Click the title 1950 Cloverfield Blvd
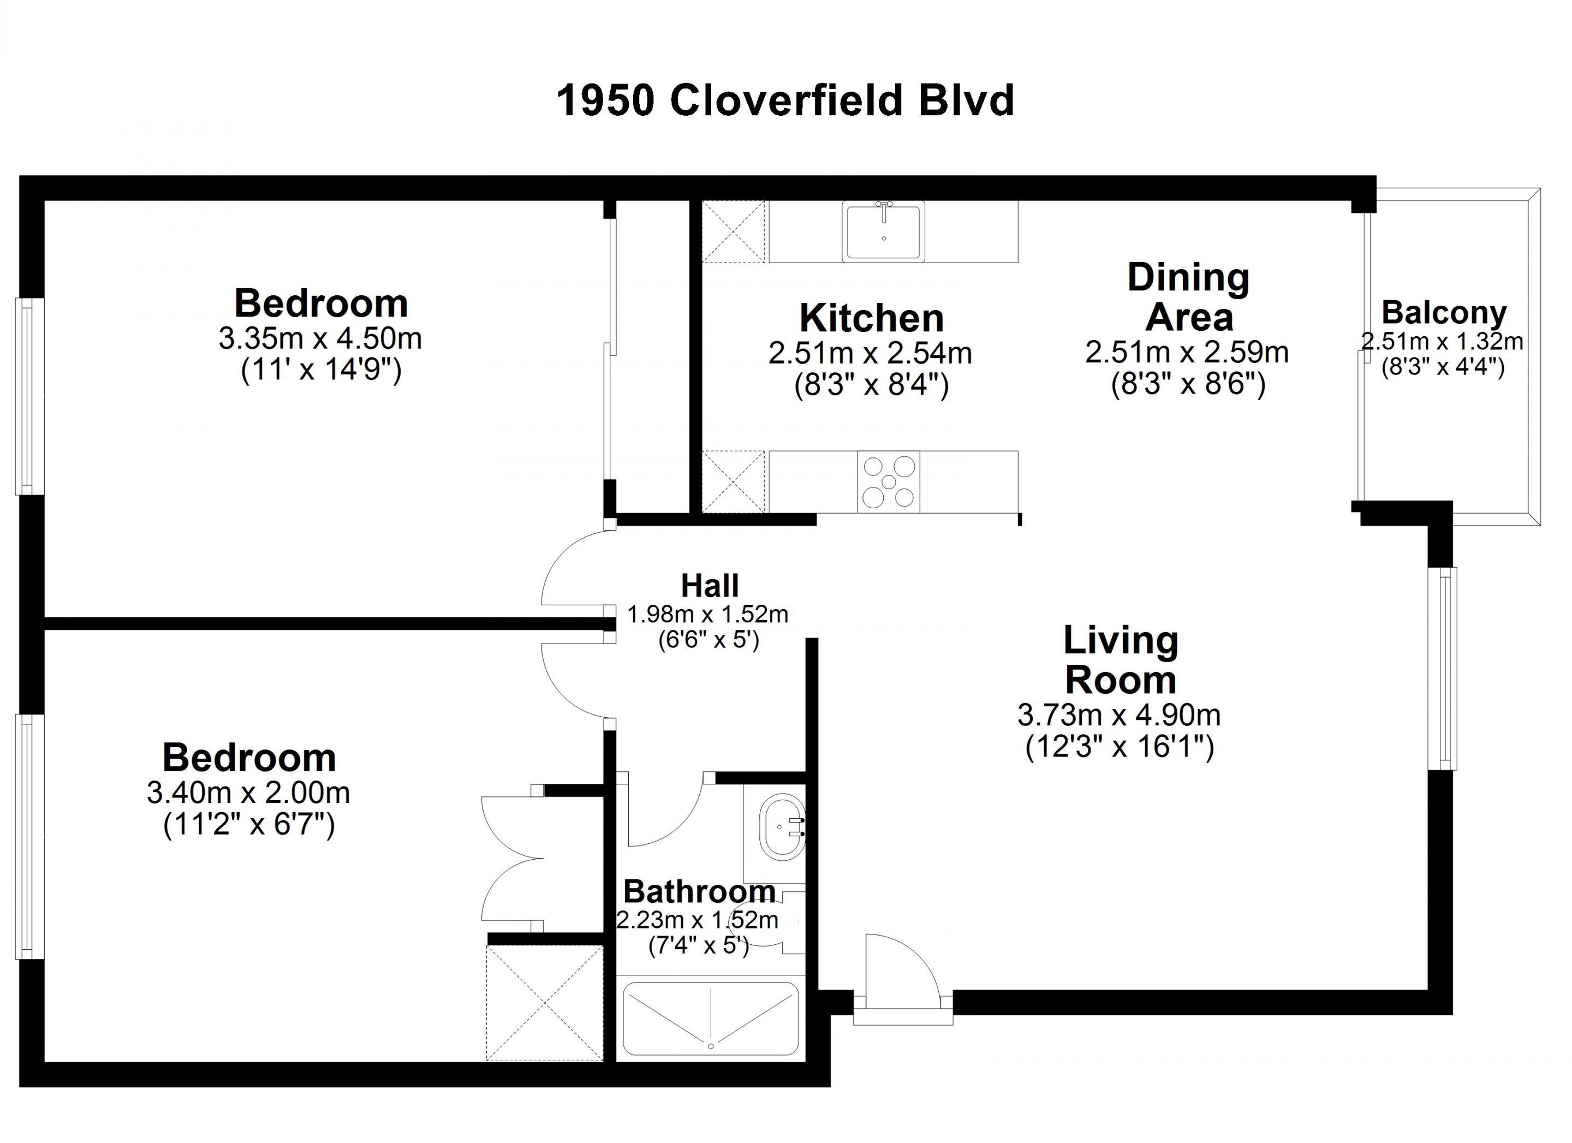point(785,100)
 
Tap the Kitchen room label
point(871,318)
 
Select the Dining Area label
point(1189,297)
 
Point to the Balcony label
point(1444,313)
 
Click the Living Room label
point(1121,660)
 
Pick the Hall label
point(710,586)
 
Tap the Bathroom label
point(699,891)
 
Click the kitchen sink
point(884,231)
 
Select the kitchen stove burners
point(889,483)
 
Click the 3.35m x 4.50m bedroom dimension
point(320,339)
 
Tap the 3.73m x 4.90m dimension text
point(1119,715)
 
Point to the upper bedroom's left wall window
point(31,396)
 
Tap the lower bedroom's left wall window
point(31,837)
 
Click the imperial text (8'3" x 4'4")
point(1443,367)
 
